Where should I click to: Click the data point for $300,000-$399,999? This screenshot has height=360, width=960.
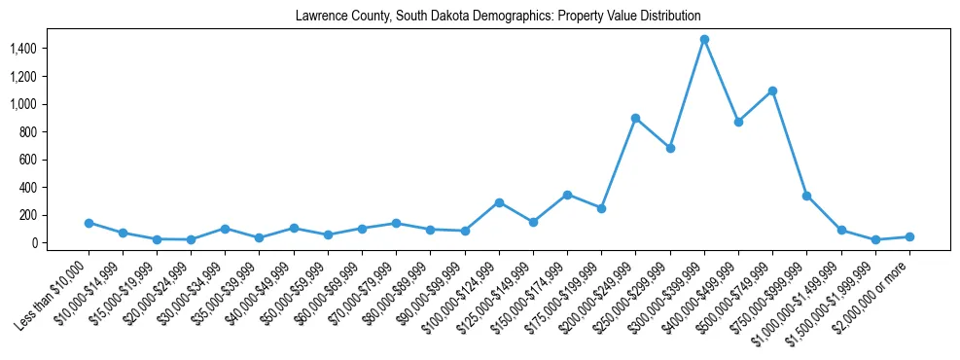coord(704,40)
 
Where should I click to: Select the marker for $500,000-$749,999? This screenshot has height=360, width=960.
coord(772,90)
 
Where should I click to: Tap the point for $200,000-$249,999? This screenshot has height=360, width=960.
coord(635,118)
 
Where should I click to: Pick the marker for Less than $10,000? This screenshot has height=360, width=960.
coord(89,223)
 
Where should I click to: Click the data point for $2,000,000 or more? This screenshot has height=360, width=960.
coord(909,236)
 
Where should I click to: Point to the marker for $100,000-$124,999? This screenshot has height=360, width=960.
coord(499,202)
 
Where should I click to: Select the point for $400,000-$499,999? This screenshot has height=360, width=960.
coord(738,122)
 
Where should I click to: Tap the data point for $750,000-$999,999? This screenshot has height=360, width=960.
coord(806,196)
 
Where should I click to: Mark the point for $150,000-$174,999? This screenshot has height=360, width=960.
coord(567,195)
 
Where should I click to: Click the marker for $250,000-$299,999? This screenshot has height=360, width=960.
coord(670,148)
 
